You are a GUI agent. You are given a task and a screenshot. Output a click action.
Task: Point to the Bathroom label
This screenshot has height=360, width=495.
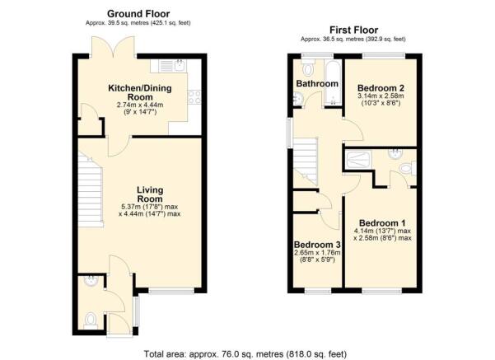(317, 84)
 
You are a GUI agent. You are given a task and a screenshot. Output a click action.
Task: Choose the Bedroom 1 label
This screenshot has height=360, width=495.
(382, 222)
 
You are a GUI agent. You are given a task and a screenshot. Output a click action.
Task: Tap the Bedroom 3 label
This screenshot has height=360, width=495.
(316, 245)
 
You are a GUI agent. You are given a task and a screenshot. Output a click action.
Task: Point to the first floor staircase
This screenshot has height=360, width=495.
(306, 161)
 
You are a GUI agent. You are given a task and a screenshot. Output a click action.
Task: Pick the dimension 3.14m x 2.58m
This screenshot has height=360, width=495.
(379, 96)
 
